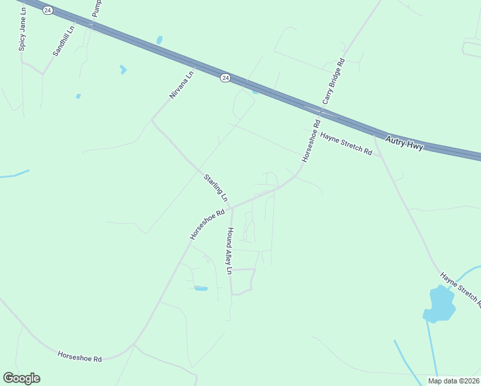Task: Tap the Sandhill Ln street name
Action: pyautogui.click(x=64, y=40)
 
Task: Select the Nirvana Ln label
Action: pyautogui.click(x=181, y=84)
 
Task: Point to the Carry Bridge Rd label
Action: pyautogui.click(x=333, y=82)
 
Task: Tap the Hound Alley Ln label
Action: pyautogui.click(x=230, y=252)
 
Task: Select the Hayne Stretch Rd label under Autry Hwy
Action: pyautogui.click(x=347, y=144)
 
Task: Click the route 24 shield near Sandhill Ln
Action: pyautogui.click(x=47, y=11)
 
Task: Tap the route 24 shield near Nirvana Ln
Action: pyautogui.click(x=224, y=77)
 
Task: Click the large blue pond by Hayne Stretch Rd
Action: pyautogui.click(x=439, y=304)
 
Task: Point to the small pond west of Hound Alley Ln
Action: pyautogui.click(x=201, y=288)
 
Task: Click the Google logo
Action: pyautogui.click(x=22, y=378)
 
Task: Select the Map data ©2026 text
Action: pyautogui.click(x=454, y=381)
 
